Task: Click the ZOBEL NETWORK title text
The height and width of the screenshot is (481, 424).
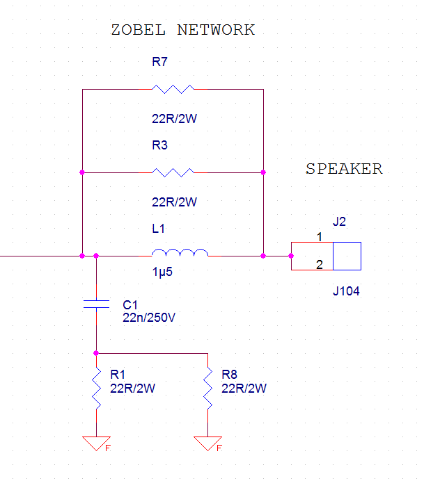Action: [x=183, y=30]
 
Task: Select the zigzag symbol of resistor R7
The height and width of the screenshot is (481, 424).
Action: [x=173, y=89]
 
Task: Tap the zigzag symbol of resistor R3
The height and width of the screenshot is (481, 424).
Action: [x=173, y=172]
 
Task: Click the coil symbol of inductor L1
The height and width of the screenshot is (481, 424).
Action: [x=180, y=253]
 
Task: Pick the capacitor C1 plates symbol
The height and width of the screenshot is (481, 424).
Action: [x=96, y=304]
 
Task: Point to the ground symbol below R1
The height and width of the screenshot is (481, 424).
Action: [x=96, y=442]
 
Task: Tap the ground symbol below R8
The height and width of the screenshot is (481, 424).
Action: [x=207, y=442]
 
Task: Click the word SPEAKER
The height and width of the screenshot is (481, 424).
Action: [x=344, y=169]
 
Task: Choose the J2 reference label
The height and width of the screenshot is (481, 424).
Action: [x=340, y=222]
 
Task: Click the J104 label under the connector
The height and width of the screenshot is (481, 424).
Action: [x=346, y=291]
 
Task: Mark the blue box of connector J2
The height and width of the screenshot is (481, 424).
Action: [x=347, y=256]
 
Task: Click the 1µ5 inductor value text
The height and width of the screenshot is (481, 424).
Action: [x=162, y=272]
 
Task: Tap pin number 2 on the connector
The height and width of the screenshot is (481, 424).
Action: [x=320, y=264]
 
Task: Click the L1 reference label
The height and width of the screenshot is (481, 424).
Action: [x=159, y=228]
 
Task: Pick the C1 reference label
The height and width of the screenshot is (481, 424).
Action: [x=131, y=305]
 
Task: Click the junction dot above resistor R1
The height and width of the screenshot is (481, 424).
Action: [x=96, y=353]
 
